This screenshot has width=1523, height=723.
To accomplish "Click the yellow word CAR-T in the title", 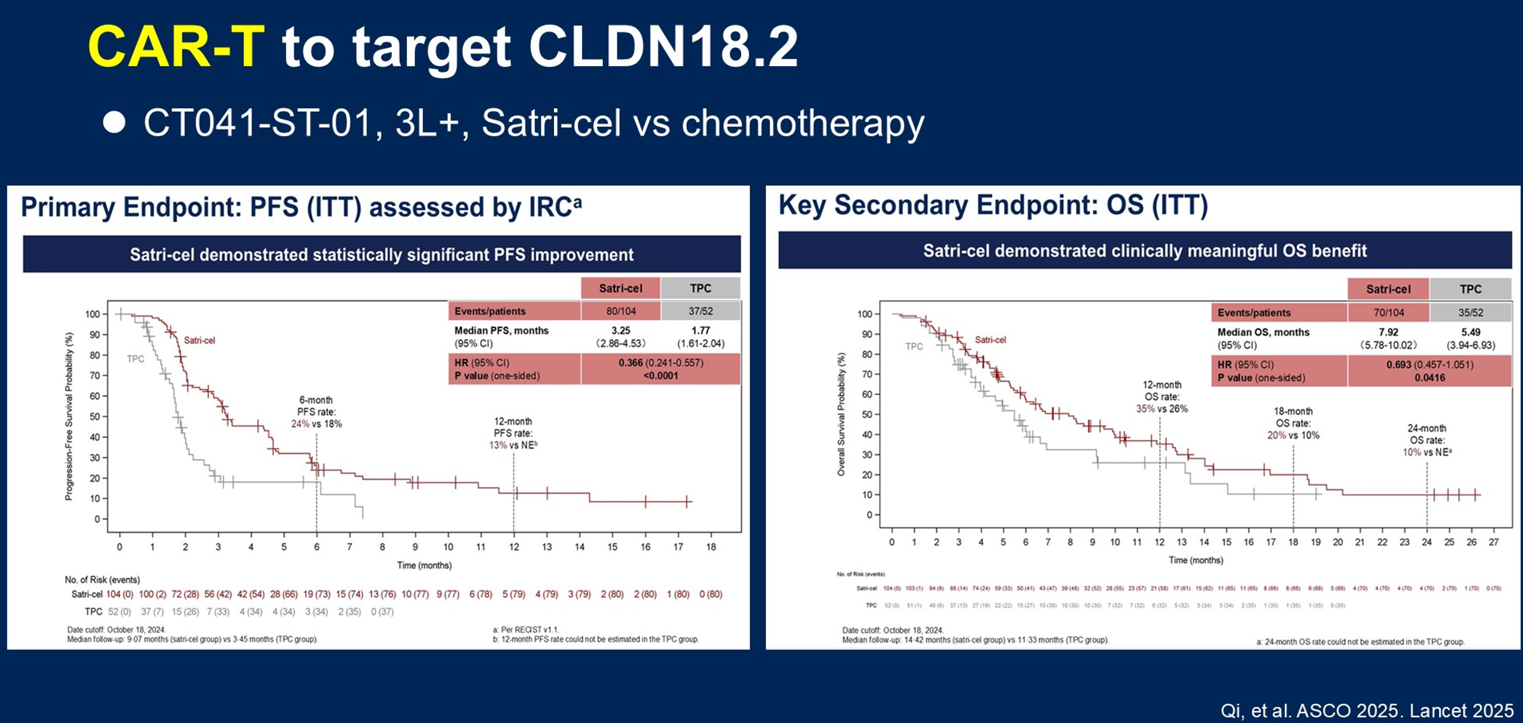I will [x=176, y=47].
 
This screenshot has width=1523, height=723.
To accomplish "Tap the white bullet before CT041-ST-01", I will [x=114, y=122].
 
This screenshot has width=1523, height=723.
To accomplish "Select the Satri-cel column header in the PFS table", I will [x=620, y=288].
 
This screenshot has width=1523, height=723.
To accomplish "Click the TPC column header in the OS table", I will [x=1470, y=289].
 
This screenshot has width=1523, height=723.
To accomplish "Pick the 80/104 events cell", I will [x=620, y=311].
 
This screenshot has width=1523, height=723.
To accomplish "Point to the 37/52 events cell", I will [x=700, y=311].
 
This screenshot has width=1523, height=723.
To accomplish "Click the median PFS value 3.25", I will [x=620, y=331].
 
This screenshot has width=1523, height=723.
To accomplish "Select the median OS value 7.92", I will [x=1388, y=332].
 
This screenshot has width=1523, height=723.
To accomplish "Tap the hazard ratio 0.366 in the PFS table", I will [x=630, y=363].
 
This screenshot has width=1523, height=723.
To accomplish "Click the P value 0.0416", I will [x=1429, y=378].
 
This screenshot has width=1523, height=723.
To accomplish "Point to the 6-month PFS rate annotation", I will [x=316, y=412].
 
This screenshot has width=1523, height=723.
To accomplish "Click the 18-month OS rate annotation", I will [x=1293, y=423].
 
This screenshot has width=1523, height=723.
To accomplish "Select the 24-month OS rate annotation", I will [x=1426, y=440].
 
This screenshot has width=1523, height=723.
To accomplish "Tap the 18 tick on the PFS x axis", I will [x=711, y=547].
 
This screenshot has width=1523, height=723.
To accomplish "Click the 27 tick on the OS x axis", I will [x=1493, y=542].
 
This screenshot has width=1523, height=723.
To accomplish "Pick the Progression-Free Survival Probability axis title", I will [x=69, y=416].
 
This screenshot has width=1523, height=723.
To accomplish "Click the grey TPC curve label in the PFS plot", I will [x=135, y=359].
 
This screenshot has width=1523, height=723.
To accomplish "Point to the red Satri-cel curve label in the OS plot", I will [x=990, y=340].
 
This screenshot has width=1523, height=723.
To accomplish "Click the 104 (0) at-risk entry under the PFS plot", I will [x=119, y=594].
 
